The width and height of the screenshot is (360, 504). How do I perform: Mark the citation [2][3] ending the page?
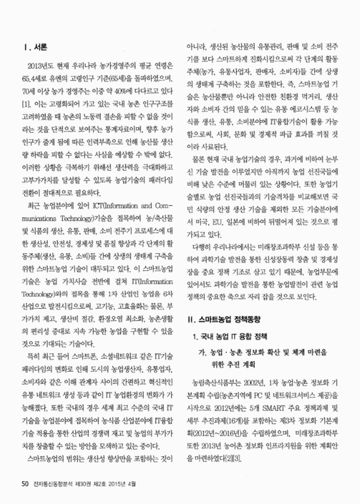[x=235, y=454]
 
